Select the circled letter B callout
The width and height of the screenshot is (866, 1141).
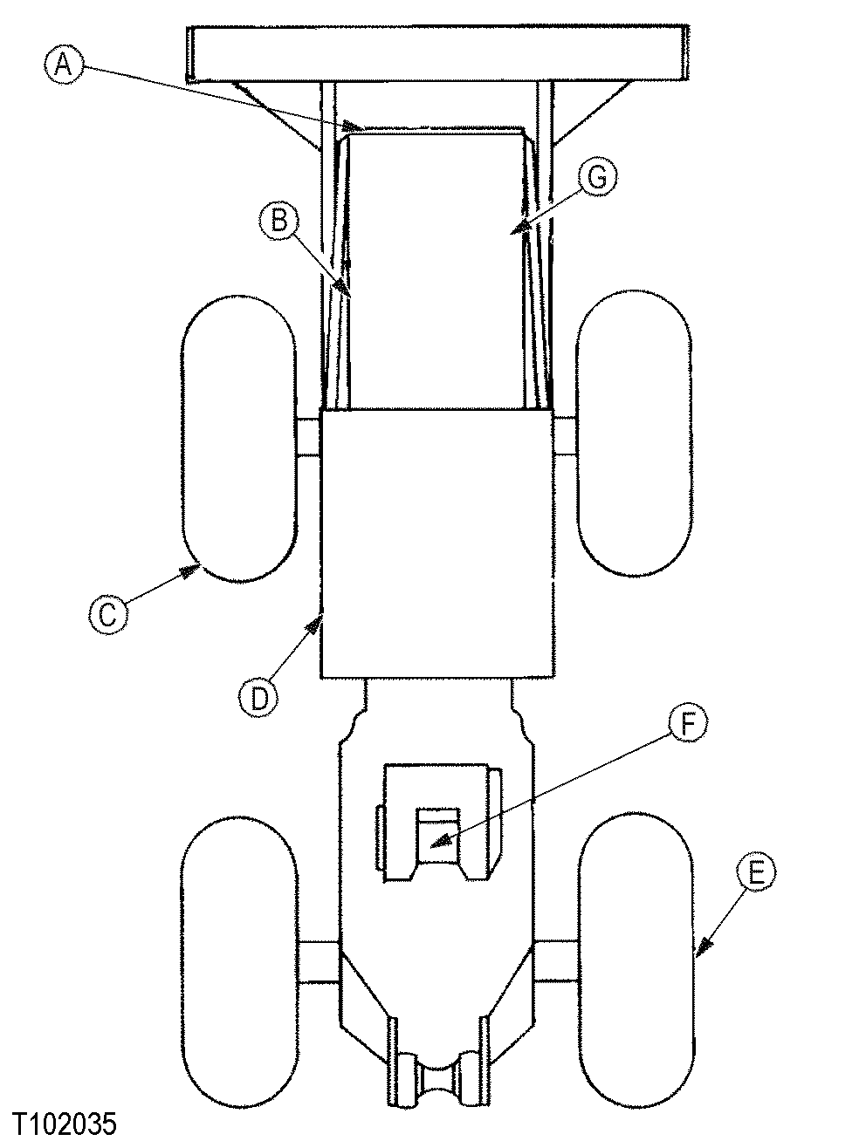click(x=278, y=221)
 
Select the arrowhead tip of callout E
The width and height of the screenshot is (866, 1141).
click(x=696, y=950)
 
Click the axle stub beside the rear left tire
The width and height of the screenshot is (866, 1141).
click(x=319, y=962)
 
